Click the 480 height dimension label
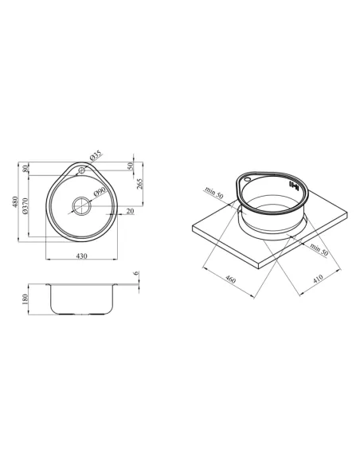(15, 202)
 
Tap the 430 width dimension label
(82, 256)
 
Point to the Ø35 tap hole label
(96, 156)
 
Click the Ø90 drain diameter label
(100, 192)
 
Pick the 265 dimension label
(139, 184)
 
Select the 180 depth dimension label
(25, 299)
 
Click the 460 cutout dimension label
(230, 279)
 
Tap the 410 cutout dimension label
(317, 279)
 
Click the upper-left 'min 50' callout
(213, 193)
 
